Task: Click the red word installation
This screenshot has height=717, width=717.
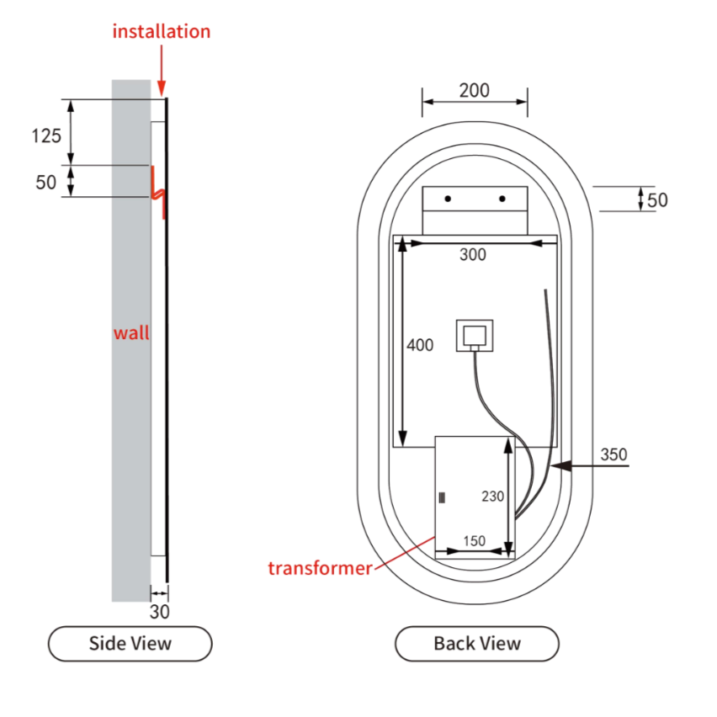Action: click(x=162, y=32)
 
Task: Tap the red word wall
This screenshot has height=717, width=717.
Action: click(x=131, y=332)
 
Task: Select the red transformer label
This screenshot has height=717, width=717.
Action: click(x=320, y=568)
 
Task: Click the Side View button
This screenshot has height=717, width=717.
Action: click(x=130, y=644)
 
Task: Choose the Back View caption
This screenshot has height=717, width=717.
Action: click(x=477, y=644)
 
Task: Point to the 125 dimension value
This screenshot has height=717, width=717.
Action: click(x=46, y=135)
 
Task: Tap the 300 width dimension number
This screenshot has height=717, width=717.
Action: click(x=473, y=255)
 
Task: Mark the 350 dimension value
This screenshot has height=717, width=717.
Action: click(x=613, y=454)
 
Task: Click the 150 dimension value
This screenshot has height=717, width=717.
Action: click(x=475, y=541)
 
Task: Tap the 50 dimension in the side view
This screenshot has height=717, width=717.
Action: click(x=45, y=183)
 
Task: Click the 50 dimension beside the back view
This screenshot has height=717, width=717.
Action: click(x=657, y=200)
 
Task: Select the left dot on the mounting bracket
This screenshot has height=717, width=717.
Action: click(x=449, y=199)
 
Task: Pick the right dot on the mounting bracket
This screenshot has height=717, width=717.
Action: click(x=502, y=199)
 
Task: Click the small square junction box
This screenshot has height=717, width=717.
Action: click(x=474, y=337)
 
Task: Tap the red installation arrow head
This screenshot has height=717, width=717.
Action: click(x=162, y=88)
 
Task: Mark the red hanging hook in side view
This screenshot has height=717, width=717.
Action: click(x=157, y=191)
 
